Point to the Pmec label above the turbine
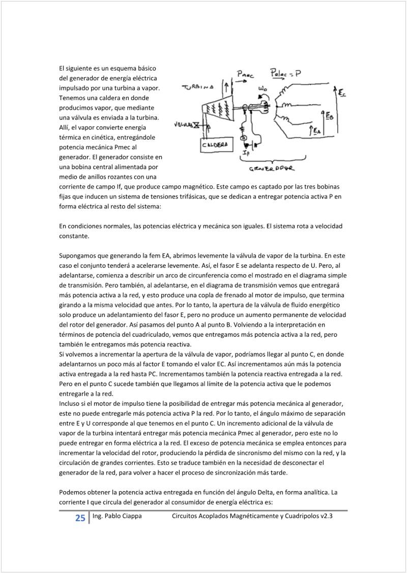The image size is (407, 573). pos(246,74)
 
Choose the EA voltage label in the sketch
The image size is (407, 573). pos(317,132)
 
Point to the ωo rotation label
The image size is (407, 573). pos(263,89)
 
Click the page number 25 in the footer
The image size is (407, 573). pos(80,518)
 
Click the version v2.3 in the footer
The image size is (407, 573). pos(327,516)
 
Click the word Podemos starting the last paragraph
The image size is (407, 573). pos(73,492)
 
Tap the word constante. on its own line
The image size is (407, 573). pos(74,236)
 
